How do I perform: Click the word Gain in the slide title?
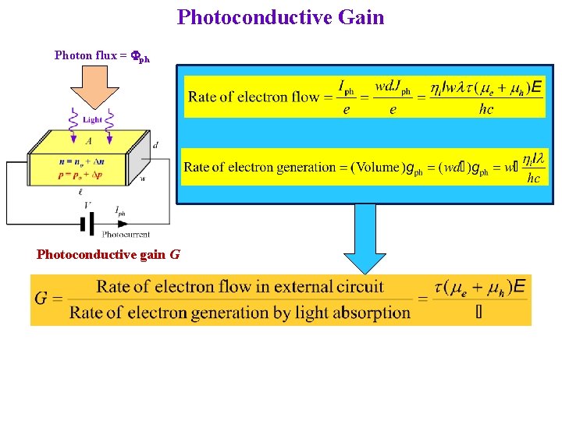[x=357, y=17]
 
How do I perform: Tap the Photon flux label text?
[x=101, y=55]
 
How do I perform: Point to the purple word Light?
[x=91, y=120]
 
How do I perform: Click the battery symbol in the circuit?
[x=87, y=224]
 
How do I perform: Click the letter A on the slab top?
[x=89, y=140]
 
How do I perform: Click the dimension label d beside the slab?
[x=155, y=145]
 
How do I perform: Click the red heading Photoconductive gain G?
[x=108, y=254]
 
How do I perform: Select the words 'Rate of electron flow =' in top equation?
[x=254, y=97]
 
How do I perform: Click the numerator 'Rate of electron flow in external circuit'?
[x=240, y=286]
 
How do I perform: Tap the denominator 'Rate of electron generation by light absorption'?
[x=240, y=313]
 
